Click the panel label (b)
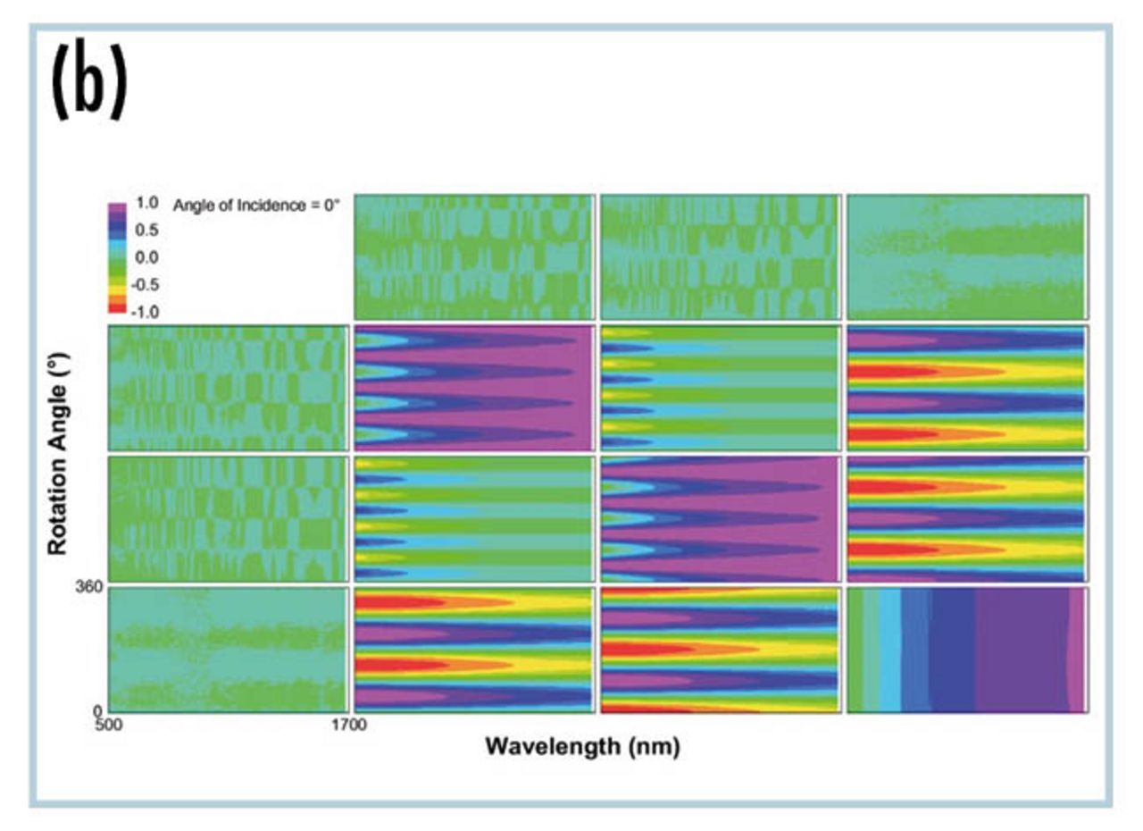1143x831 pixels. point(90,81)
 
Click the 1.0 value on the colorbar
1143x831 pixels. point(147,203)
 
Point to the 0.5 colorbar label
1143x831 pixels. point(147,231)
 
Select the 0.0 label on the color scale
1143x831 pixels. point(147,257)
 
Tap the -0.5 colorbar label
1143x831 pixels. point(145,284)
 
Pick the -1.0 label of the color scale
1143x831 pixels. point(145,312)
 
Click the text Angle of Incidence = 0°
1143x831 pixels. point(256,206)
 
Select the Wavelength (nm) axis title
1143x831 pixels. point(583,747)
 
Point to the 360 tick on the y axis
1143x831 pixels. point(89,587)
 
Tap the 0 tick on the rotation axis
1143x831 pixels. point(97,710)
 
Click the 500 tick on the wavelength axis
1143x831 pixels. point(109,725)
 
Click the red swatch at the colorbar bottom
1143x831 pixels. point(117,307)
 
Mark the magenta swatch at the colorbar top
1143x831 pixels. point(117,208)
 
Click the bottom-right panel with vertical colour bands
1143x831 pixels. point(967,650)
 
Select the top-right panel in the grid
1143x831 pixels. point(967,256)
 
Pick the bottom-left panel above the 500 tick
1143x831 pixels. point(229,650)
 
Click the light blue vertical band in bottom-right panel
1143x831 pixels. point(890,650)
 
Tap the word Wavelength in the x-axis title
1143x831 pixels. point(553,746)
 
